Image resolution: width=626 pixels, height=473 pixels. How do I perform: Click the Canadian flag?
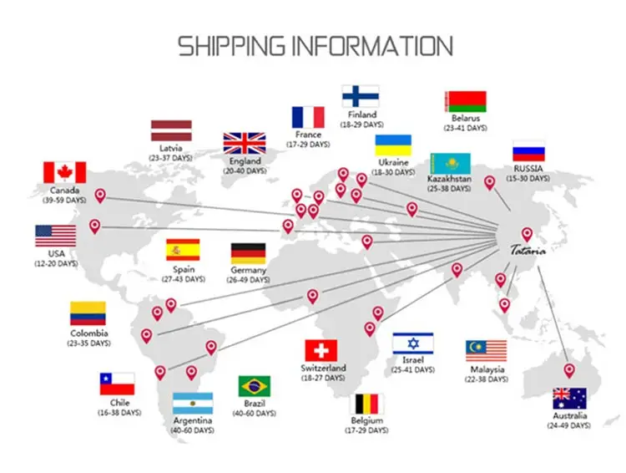pyautogui.click(x=65, y=172)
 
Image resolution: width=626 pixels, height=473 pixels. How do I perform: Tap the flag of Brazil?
pyautogui.click(x=254, y=386)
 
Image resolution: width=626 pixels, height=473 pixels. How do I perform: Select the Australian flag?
pyautogui.click(x=569, y=399)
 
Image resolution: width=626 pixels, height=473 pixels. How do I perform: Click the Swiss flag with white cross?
pyautogui.click(x=321, y=350)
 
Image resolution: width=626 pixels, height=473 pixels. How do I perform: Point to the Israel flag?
pyautogui.click(x=412, y=343)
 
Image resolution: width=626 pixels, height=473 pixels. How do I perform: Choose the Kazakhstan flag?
pyautogui.click(x=450, y=163)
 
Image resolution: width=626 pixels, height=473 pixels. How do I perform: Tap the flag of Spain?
pyautogui.click(x=183, y=250)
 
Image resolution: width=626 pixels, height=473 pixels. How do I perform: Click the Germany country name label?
pyautogui.click(x=249, y=270)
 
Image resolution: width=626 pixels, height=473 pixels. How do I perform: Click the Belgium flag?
pyautogui.click(x=367, y=404)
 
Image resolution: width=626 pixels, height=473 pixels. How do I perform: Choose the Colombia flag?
pyautogui.click(x=88, y=314)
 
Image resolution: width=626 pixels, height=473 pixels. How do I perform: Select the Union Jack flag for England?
pyautogui.click(x=245, y=143)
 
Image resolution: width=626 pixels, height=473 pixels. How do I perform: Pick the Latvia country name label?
pyautogui.click(x=171, y=147)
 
